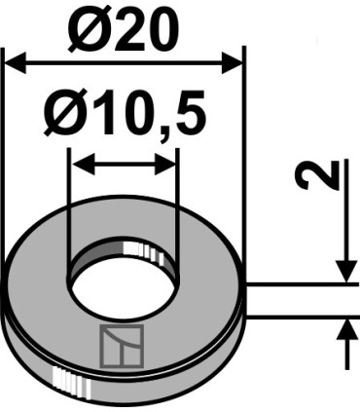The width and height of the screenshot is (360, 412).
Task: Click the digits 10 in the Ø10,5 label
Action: point(117,116)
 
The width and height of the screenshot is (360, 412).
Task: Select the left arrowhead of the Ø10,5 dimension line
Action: point(79,164)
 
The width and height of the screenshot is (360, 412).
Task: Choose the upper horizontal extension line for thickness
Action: point(302,284)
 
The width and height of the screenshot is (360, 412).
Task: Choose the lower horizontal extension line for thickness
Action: point(302,317)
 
